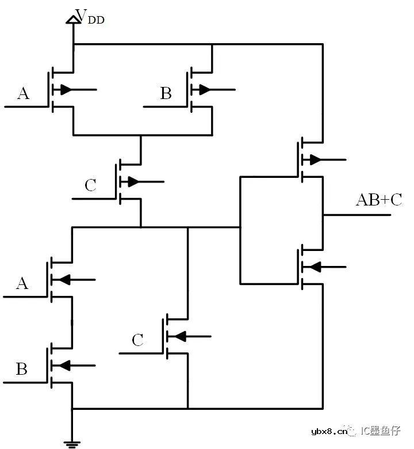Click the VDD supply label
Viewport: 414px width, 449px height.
[90, 17]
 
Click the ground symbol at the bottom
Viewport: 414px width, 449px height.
[72, 444]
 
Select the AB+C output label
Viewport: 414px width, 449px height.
[379, 200]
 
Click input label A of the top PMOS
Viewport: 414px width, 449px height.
[23, 93]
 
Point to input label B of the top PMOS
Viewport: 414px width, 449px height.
[166, 93]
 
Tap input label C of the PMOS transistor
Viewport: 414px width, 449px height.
[90, 185]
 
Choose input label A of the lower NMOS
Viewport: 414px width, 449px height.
[22, 283]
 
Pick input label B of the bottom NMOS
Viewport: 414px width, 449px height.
[22, 369]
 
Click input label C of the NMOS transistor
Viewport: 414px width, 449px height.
[137, 340]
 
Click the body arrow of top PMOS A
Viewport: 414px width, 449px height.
[75, 90]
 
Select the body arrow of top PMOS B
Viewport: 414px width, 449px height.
[214, 90]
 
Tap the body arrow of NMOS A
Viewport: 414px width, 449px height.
[74, 280]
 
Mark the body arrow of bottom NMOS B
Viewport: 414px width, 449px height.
[74, 366]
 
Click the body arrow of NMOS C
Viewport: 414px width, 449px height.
[189, 336]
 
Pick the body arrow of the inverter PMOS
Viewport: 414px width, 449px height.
[324, 159]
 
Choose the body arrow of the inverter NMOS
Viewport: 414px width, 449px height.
[324, 267]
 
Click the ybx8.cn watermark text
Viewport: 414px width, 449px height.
[329, 431]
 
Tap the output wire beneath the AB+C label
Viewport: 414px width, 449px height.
[357, 215]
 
